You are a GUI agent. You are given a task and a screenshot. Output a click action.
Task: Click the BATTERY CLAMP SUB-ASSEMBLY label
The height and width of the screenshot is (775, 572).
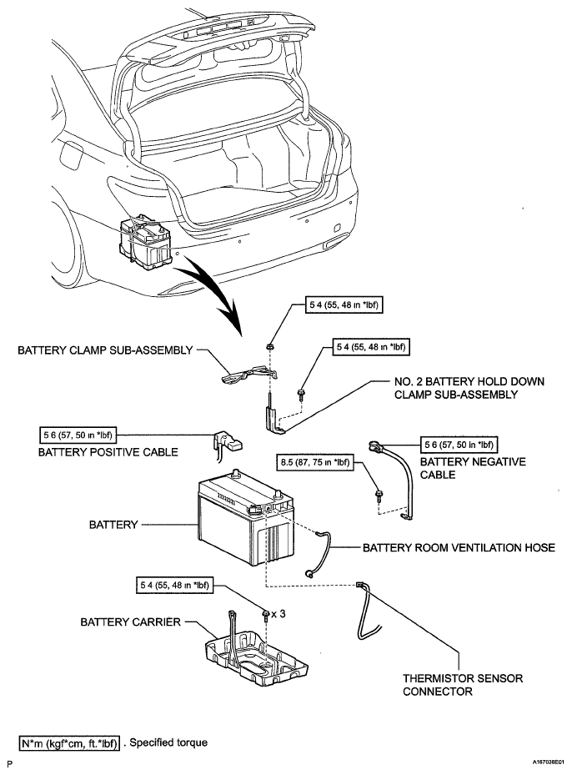[x=105, y=350]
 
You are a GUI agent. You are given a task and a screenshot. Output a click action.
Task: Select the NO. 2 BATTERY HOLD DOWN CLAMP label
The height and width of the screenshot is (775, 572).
[x=469, y=388]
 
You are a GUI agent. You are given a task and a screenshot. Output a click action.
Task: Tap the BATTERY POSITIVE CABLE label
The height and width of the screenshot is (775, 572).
[x=108, y=452]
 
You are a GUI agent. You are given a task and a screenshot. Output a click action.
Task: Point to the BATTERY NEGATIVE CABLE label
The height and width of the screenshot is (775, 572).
[x=473, y=468]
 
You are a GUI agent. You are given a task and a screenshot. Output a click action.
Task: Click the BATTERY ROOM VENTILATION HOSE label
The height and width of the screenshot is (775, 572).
[x=459, y=547]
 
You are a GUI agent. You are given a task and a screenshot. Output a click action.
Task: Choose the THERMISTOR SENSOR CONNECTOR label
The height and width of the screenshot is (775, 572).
[x=463, y=685]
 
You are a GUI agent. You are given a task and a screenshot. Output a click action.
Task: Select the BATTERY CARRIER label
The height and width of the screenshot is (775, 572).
[x=130, y=622]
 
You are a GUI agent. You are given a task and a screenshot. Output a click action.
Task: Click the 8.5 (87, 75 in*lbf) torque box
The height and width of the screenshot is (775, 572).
[x=315, y=463]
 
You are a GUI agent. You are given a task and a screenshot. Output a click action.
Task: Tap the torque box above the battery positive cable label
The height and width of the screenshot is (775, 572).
[x=78, y=435]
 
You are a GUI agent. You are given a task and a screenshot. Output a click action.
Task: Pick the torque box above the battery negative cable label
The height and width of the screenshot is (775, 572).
[x=459, y=445]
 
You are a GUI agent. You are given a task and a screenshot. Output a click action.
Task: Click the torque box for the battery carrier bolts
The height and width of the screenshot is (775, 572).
[x=174, y=586]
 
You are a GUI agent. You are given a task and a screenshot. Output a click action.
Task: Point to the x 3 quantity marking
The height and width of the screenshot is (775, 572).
[x=278, y=613]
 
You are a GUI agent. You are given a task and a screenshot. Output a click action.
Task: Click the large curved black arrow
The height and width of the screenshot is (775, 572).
[x=210, y=293]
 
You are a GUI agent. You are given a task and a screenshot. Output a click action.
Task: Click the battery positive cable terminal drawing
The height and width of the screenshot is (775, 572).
[x=227, y=441]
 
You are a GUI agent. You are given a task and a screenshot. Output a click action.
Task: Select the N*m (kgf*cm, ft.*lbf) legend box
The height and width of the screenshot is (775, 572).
[x=70, y=743]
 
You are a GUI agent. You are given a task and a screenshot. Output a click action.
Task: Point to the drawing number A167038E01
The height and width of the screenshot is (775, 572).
[x=549, y=763]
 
